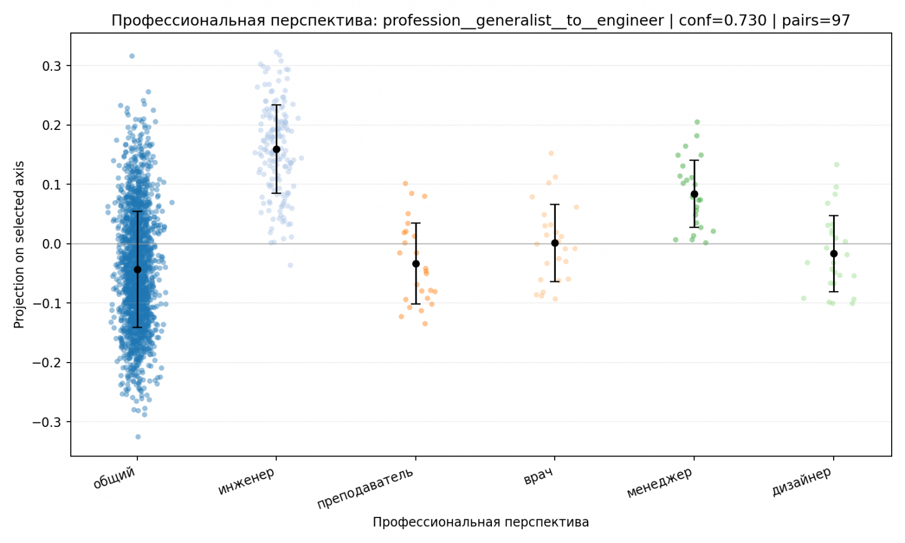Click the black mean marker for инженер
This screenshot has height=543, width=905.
tap(277, 150)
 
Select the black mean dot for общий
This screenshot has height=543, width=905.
tap(137, 269)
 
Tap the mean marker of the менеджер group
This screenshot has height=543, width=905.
tap(694, 194)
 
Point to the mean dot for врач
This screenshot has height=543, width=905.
tap(555, 243)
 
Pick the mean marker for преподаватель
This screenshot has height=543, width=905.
tap(416, 264)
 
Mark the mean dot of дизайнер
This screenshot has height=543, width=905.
tap(834, 254)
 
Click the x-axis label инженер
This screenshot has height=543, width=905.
tap(247, 482)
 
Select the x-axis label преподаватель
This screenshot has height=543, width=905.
tap(365, 487)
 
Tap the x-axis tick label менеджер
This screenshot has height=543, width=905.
tap(660, 483)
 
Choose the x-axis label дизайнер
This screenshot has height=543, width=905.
tap(801, 482)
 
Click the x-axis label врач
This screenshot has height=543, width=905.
tap(538, 476)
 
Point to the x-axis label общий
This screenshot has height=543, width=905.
tap(114, 478)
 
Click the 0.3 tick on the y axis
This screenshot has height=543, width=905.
tap(52, 66)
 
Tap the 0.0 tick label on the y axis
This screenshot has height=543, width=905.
tap(52, 244)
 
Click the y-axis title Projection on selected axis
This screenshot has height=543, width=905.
tap(19, 244)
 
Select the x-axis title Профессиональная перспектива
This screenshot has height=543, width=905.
tap(480, 522)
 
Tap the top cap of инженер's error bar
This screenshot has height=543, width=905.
tap(277, 105)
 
